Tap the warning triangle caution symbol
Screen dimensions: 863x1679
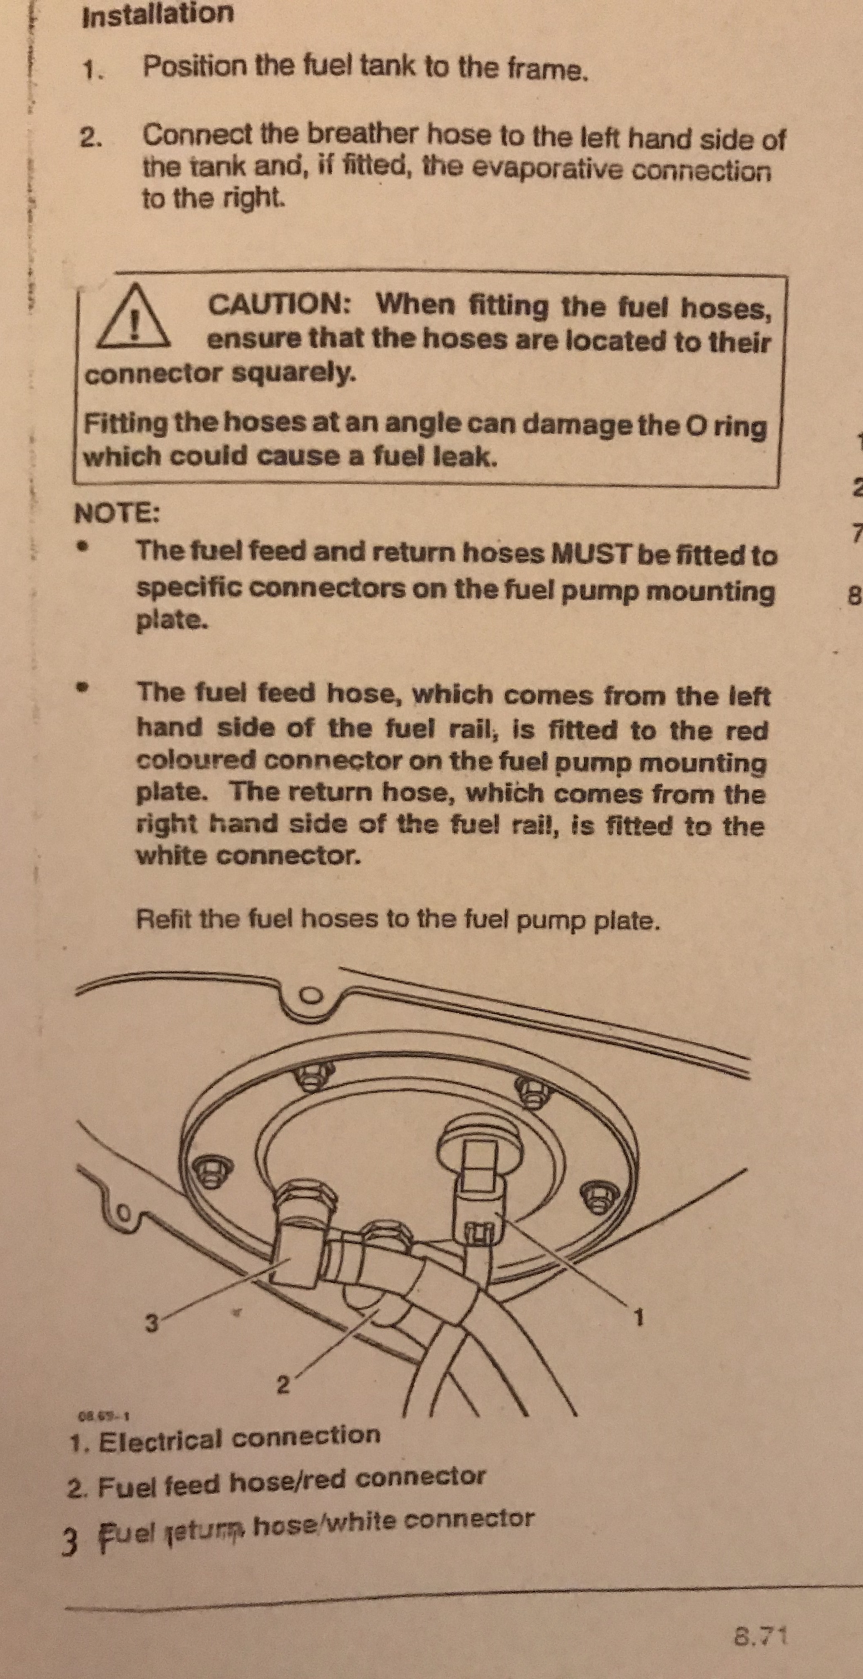[134, 315]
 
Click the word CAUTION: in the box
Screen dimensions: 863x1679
[281, 304]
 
